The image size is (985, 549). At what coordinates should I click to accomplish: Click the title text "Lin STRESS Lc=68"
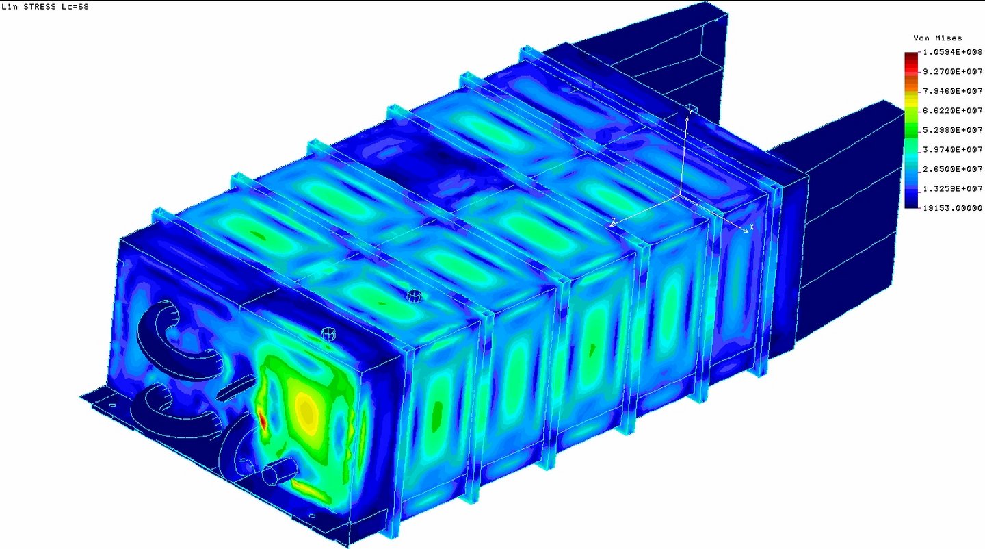[x=45, y=7]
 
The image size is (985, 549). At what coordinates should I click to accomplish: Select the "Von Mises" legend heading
[x=938, y=38]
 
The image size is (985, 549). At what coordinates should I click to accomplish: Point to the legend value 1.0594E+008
[x=952, y=52]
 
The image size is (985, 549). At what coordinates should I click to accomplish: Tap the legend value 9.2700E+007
[x=952, y=71]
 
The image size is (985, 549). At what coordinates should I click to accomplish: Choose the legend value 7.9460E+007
[x=952, y=91]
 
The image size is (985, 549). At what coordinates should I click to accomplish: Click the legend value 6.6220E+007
[x=952, y=110]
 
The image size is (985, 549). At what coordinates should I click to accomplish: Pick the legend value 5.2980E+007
[x=952, y=130]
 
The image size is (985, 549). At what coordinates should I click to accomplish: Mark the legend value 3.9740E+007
[x=952, y=149]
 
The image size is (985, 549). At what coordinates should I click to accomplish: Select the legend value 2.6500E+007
[x=952, y=169]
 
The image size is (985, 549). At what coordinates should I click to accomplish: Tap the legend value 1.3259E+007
[x=952, y=189]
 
